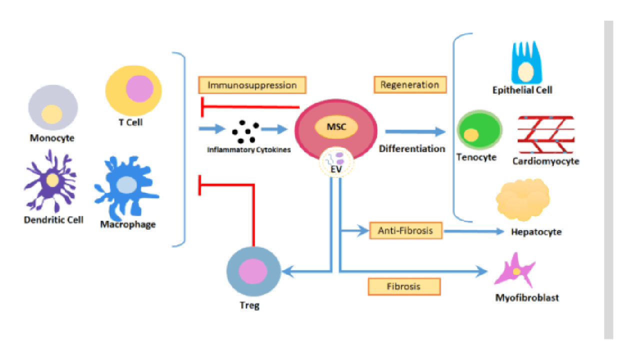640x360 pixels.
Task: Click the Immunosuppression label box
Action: pyautogui.click(x=252, y=85)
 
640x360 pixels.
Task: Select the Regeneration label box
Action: pyautogui.click(x=409, y=84)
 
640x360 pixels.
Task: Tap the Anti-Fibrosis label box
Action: pyautogui.click(x=405, y=230)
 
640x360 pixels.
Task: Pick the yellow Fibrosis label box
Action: pyautogui.click(x=404, y=286)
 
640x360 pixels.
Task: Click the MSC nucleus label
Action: pyautogui.click(x=336, y=127)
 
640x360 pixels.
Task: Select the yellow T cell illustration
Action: pyautogui.click(x=133, y=90)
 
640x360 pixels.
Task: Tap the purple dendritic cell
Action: pyautogui.click(x=50, y=181)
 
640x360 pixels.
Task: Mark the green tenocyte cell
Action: pyautogui.click(x=479, y=130)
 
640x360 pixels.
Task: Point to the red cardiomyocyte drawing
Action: pyautogui.click(x=546, y=134)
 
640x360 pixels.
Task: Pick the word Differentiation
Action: pyautogui.click(x=411, y=149)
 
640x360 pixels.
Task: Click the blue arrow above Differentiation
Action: pyautogui.click(x=414, y=132)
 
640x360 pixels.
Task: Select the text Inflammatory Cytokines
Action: pyautogui.click(x=249, y=149)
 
